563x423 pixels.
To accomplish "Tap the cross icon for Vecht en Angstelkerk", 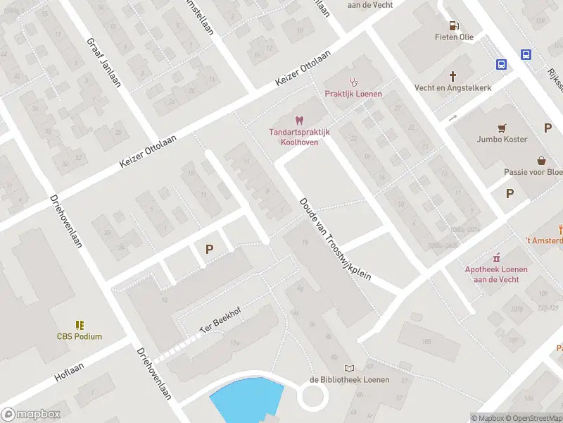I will pyautogui.click(x=453, y=76).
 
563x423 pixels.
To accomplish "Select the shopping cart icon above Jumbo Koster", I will pyautogui.click(x=501, y=128).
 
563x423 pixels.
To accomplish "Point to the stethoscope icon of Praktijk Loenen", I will pyautogui.click(x=354, y=82).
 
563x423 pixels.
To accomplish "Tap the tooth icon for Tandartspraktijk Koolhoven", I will pyautogui.click(x=298, y=121).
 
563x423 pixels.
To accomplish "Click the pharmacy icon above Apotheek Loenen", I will pyautogui.click(x=496, y=257).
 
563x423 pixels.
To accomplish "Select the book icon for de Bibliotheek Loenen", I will pyautogui.click(x=349, y=368).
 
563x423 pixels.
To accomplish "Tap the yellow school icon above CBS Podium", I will pyautogui.click(x=80, y=324).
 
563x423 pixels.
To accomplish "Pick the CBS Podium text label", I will pyautogui.click(x=80, y=336).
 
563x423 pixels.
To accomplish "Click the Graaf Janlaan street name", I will pyautogui.click(x=104, y=62).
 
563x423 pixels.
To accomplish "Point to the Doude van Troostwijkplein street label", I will pyautogui.click(x=335, y=239).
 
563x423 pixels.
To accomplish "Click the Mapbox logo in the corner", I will pyautogui.click(x=31, y=415).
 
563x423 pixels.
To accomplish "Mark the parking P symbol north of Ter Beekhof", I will pyautogui.click(x=209, y=249).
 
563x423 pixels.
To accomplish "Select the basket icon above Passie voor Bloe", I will pyautogui.click(x=541, y=160).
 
